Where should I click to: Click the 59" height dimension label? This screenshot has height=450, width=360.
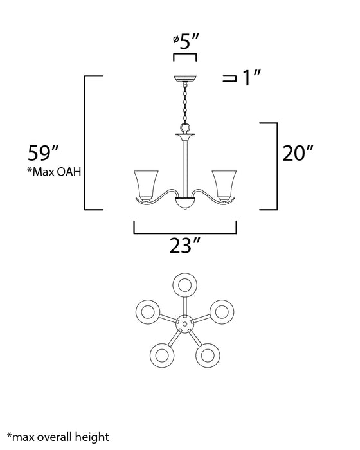(44, 154)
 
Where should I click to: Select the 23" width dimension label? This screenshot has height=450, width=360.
(186, 245)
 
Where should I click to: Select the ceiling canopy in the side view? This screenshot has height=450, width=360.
(186, 79)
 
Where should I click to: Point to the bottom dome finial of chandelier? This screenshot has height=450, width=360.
(186, 205)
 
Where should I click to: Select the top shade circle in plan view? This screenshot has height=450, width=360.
(186, 285)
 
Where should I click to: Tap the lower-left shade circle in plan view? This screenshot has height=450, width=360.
(163, 354)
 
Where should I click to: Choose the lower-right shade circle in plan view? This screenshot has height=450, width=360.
(208, 354)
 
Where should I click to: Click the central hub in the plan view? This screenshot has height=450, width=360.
(186, 325)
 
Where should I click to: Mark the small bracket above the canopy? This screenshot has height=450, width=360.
(186, 57)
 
